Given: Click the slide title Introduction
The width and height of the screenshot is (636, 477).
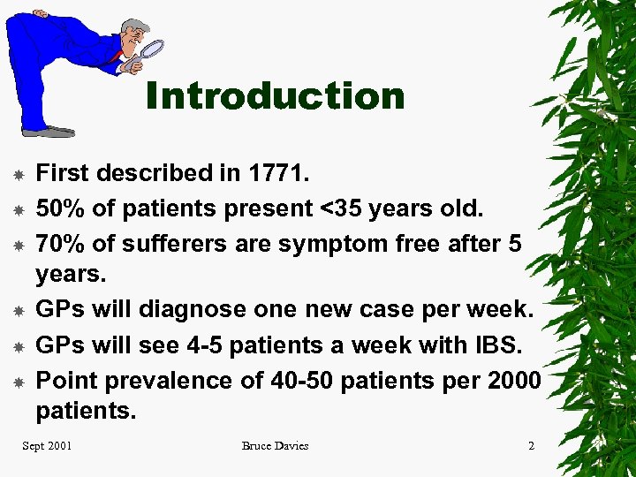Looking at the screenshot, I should tap(275, 95).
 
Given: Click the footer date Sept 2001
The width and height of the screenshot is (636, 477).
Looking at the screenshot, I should tap(47, 446).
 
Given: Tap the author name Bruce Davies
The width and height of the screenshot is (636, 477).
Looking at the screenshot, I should tap(275, 446).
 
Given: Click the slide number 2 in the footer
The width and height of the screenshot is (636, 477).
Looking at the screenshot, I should tap(531, 446).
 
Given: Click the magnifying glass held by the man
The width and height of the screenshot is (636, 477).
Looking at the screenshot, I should tap(151, 50).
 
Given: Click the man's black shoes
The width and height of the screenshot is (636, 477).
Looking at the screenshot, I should tap(49, 132).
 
